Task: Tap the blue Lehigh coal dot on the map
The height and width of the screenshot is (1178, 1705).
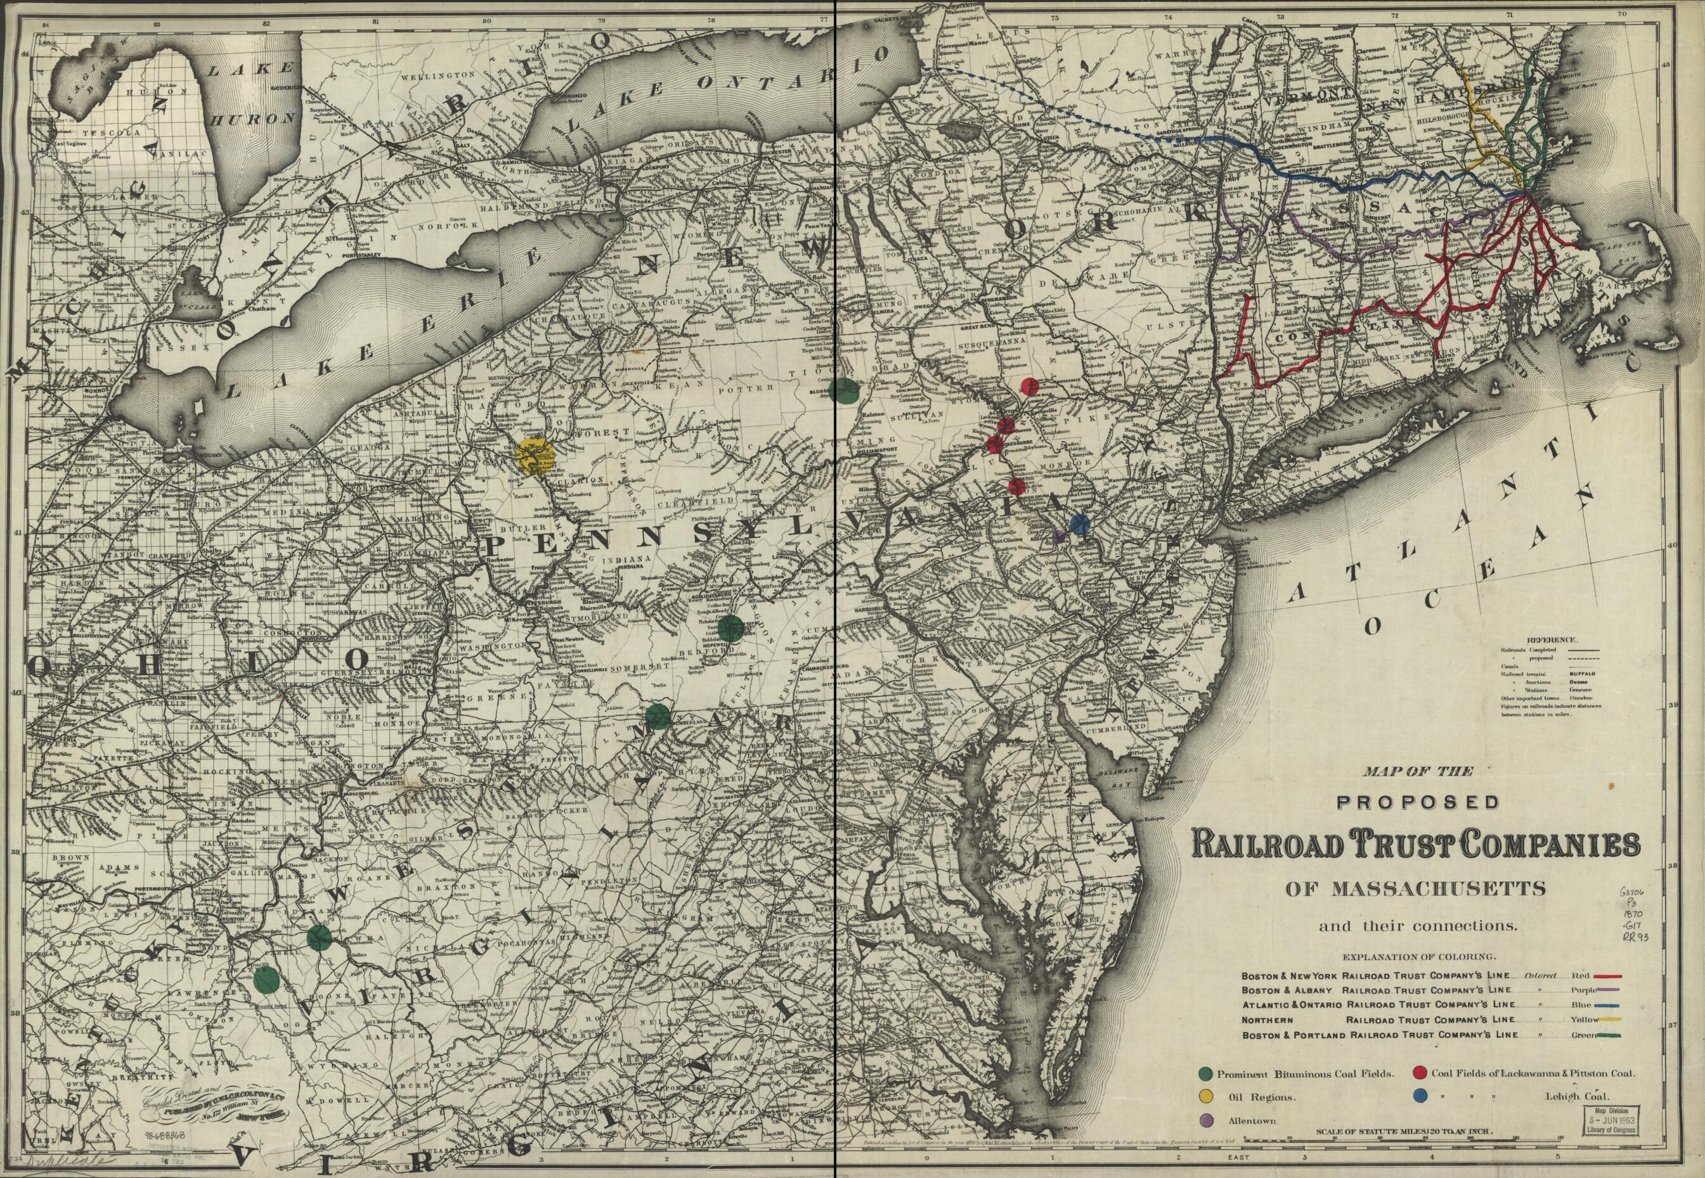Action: pos(1080,525)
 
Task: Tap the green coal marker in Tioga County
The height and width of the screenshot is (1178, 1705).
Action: pos(844,390)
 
